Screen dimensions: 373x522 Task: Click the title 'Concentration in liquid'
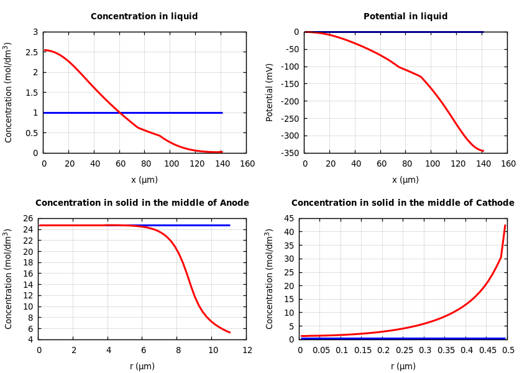point(144,17)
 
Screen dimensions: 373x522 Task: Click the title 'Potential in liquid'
point(405,17)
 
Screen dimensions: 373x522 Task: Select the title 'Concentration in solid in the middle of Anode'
point(142,203)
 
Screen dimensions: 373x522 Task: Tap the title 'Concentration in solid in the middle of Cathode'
point(403,203)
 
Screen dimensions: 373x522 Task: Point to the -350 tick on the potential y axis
point(291,153)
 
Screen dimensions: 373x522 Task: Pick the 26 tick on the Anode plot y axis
point(28,218)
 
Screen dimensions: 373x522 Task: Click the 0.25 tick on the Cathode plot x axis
point(404,351)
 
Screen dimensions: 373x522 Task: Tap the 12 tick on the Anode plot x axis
point(247,351)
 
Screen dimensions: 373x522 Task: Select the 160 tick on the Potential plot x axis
point(508,163)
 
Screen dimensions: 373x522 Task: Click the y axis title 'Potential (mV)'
point(270,92)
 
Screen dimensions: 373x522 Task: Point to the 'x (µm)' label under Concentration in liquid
point(144,180)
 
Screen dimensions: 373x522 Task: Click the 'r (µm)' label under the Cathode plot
point(403,367)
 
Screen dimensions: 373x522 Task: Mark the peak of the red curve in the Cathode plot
point(505,226)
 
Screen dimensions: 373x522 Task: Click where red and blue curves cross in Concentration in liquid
point(120,113)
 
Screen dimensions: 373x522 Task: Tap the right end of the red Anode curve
point(230,333)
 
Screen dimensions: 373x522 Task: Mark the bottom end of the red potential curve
point(483,150)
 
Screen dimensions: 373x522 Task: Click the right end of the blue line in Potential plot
point(483,32)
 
